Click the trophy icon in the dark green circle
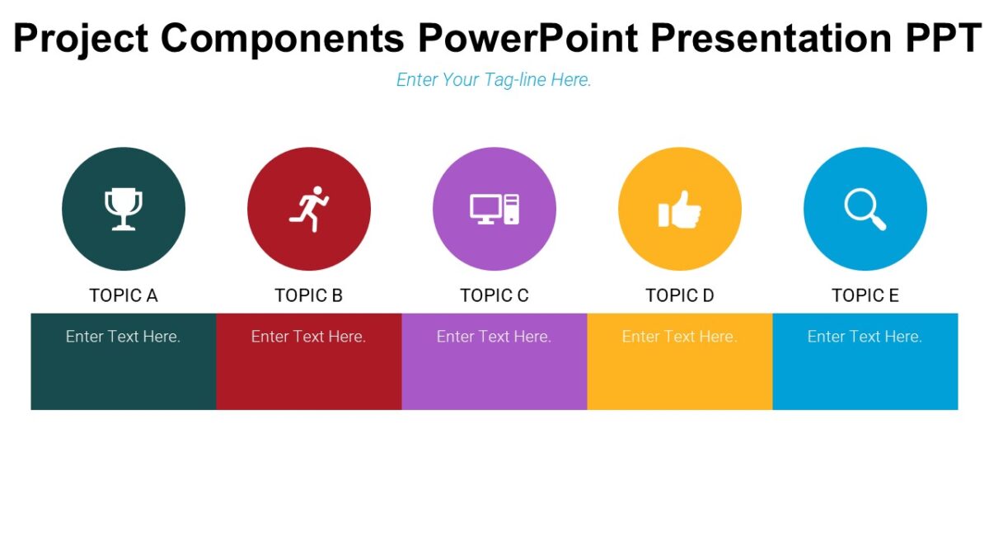(124, 209)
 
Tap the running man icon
(309, 209)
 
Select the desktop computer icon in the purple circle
(494, 209)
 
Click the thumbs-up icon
(680, 210)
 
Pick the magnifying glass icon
(865, 209)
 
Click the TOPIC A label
(124, 295)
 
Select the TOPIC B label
(309, 295)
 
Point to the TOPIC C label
(494, 295)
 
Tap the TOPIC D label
(680, 295)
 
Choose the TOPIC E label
(865, 295)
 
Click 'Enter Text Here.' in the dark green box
(124, 337)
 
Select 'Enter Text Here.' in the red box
(309, 337)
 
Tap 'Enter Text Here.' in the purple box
(494, 337)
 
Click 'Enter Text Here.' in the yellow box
(680, 337)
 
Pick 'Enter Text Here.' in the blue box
(865, 337)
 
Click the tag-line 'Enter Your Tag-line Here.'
(494, 80)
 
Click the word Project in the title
(81, 38)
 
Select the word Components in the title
(283, 38)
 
